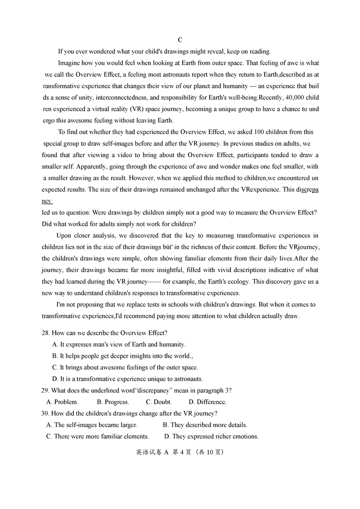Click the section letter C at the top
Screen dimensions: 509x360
coord(180,40)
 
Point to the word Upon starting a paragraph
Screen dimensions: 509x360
coord(64,236)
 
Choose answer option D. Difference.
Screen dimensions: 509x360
coord(207,402)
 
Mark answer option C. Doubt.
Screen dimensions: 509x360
coord(158,402)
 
